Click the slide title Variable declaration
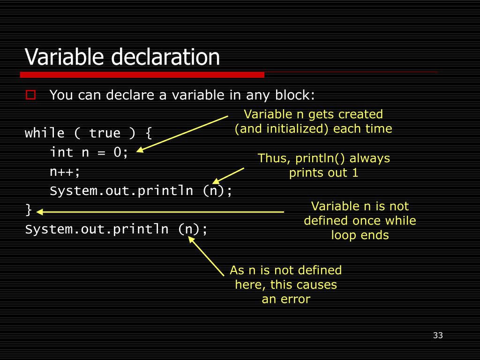coord(122,57)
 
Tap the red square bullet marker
coord(31,95)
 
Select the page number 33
coord(438,335)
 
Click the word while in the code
coord(45,133)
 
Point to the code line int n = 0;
coord(89,152)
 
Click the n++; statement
coord(65,172)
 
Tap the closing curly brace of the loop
coord(29,210)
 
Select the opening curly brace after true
coord(149,133)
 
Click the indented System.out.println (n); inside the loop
coord(141,191)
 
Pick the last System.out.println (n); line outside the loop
coord(116,229)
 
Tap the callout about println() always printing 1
coord(323,165)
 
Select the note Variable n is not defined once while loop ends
coord(360,220)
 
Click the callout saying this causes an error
coord(285,285)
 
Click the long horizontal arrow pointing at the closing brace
coord(159,212)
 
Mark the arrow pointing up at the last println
coord(206,256)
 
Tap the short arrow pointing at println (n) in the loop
coord(228,175)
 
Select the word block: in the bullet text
coord(295,95)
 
